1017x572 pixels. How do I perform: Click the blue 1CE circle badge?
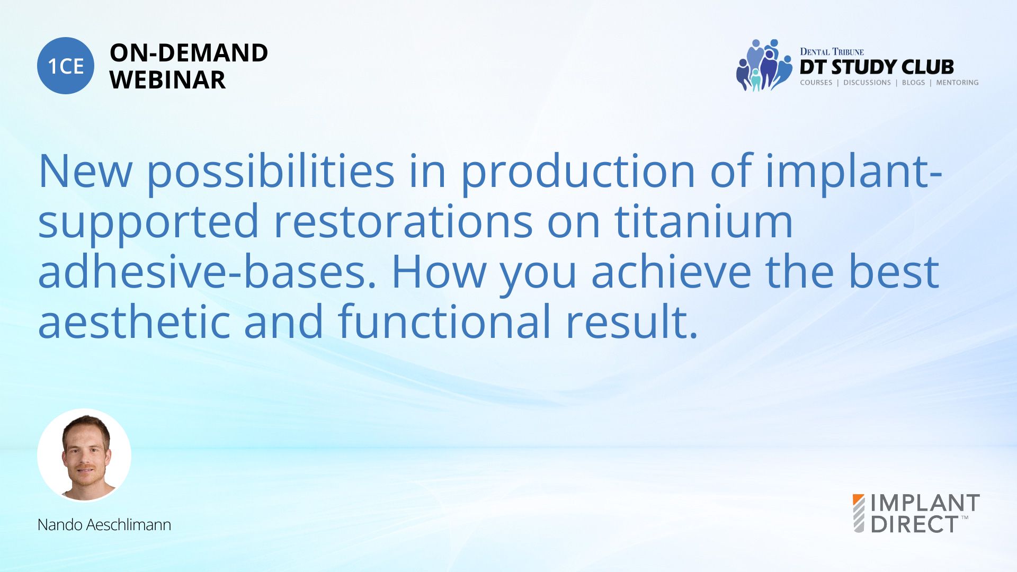[66, 66]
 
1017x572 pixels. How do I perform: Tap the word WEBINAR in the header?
[168, 80]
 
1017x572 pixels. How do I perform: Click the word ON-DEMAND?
[189, 53]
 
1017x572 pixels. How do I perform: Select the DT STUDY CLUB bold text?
[877, 67]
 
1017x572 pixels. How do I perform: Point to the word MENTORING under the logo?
[957, 83]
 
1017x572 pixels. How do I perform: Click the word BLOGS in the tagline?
[913, 83]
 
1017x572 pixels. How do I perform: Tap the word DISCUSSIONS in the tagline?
[867, 83]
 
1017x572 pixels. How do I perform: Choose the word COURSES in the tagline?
[816, 83]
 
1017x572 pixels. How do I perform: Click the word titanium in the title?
[704, 221]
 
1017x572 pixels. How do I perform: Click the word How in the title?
[439, 271]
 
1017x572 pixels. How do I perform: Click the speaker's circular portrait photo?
[84, 455]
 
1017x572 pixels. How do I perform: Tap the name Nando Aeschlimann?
[104, 525]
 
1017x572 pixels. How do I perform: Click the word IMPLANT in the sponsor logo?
[925, 503]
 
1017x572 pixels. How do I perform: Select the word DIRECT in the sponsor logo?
[915, 524]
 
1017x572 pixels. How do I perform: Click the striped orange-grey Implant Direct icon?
[859, 513]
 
